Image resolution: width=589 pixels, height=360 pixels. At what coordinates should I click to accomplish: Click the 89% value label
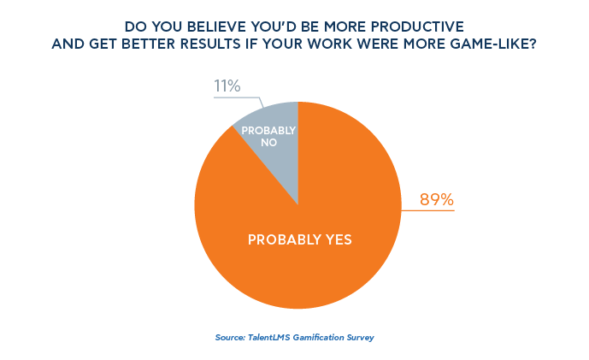(436, 200)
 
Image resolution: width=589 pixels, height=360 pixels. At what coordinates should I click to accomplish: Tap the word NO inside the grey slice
(268, 144)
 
